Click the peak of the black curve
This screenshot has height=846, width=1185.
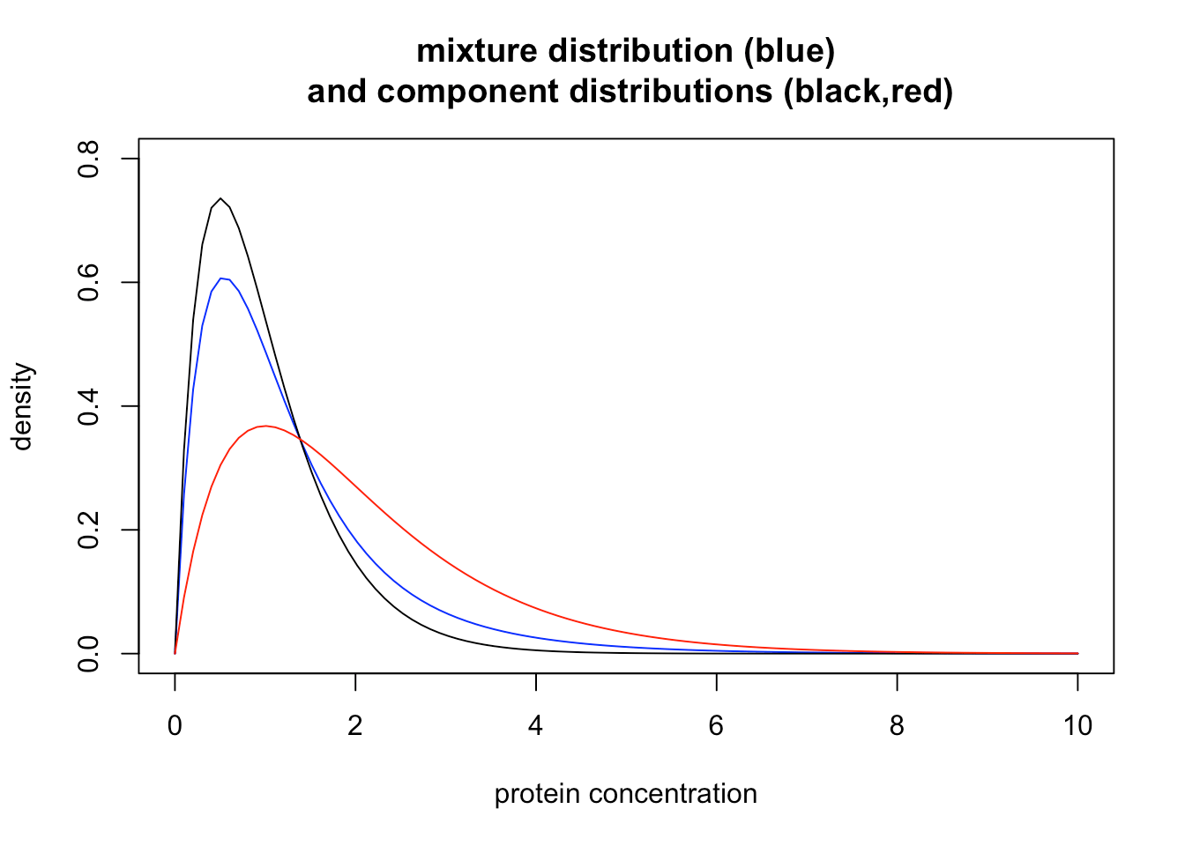point(220,199)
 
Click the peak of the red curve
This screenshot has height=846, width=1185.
point(265,426)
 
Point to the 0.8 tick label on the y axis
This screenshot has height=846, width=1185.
point(89,159)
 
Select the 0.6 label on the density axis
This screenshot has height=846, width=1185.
point(89,282)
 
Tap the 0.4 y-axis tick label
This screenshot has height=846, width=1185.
point(89,406)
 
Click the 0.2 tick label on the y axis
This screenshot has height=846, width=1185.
point(89,530)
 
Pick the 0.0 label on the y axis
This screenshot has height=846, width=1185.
point(89,653)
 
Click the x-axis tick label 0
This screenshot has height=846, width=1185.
point(175,726)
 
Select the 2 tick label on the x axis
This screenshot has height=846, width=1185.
point(355,726)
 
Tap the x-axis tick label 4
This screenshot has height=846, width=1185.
point(536,726)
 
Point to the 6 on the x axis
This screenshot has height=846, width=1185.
point(716,726)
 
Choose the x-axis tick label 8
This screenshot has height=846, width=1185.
point(897,726)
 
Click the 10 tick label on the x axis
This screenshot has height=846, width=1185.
point(1077,726)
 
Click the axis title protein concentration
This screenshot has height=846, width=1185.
point(625,794)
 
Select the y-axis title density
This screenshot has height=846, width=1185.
point(23,406)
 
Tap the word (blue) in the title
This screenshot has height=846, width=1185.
point(789,51)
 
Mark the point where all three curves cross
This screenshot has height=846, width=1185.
point(301,439)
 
